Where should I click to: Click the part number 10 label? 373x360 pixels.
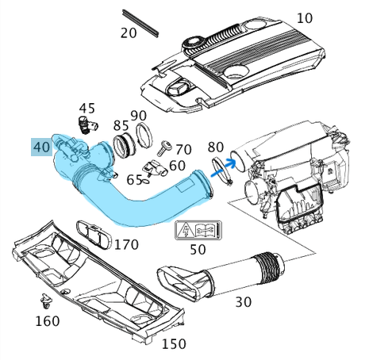pyautogui.click(x=305, y=17)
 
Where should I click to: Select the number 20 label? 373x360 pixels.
pyautogui.click(x=129, y=33)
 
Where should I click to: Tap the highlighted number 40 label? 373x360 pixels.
pyautogui.click(x=41, y=147)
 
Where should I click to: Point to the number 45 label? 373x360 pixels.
pyautogui.click(x=87, y=108)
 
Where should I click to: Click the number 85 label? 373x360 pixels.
pyautogui.click(x=121, y=125)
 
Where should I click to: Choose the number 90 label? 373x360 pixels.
pyautogui.click(x=139, y=116)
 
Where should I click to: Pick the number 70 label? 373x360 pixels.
pyautogui.click(x=183, y=149)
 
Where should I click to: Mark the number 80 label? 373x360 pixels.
pyautogui.click(x=215, y=147)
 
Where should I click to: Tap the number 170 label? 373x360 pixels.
pyautogui.click(x=126, y=243)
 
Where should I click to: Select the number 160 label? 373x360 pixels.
pyautogui.click(x=47, y=321)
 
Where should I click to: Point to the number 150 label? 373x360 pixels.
pyautogui.click(x=174, y=343)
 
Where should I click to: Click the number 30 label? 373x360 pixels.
pyautogui.click(x=243, y=301)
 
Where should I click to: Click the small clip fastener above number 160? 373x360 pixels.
pyautogui.click(x=46, y=301)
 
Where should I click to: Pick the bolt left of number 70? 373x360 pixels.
pyautogui.click(x=166, y=147)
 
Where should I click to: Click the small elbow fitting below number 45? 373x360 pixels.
pyautogui.click(x=85, y=123)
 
